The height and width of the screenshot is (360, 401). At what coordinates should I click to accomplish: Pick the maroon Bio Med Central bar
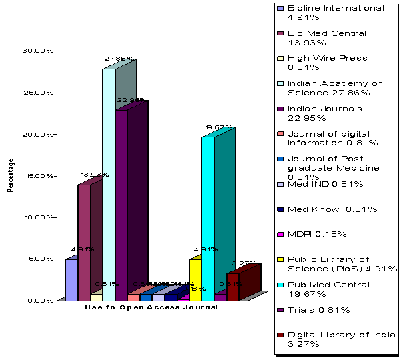[x=84, y=243]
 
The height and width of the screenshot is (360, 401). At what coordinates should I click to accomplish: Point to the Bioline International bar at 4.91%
[x=71, y=280]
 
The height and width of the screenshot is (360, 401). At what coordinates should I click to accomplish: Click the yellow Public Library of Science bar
[x=195, y=280]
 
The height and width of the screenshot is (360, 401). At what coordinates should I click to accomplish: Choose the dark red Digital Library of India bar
[x=233, y=287]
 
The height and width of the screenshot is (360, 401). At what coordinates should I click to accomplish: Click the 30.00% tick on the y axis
[x=35, y=51]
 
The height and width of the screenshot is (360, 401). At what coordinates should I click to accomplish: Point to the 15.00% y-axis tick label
[x=35, y=176]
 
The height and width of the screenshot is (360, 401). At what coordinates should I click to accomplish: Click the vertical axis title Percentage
[x=11, y=175]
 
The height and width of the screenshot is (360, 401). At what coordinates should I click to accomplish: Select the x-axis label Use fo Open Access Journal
[x=151, y=308]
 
